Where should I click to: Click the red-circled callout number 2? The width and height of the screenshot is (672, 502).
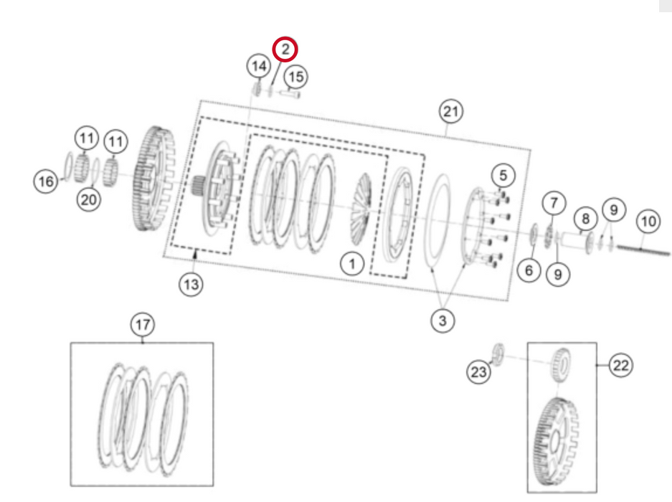pyautogui.click(x=285, y=49)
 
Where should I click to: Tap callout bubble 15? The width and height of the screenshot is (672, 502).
pyautogui.click(x=295, y=75)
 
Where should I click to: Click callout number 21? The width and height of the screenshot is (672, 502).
pyautogui.click(x=450, y=111)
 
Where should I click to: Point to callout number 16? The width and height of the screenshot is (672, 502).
pyautogui.click(x=45, y=182)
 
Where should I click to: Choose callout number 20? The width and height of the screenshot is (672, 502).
pyautogui.click(x=89, y=200)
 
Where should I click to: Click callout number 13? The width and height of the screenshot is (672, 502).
pyautogui.click(x=190, y=285)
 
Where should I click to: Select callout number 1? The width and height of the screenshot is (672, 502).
pyautogui.click(x=352, y=265)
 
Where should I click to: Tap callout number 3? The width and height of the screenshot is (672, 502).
pyautogui.click(x=443, y=321)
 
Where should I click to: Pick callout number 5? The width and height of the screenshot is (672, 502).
pyautogui.click(x=503, y=174)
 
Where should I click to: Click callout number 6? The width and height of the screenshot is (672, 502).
pyautogui.click(x=529, y=270)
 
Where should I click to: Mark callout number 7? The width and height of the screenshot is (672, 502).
pyautogui.click(x=553, y=204)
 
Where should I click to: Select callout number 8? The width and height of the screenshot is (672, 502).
pyautogui.click(x=585, y=217)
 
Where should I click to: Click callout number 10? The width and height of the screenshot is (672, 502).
pyautogui.click(x=648, y=222)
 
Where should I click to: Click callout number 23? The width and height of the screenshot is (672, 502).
pyautogui.click(x=478, y=371)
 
